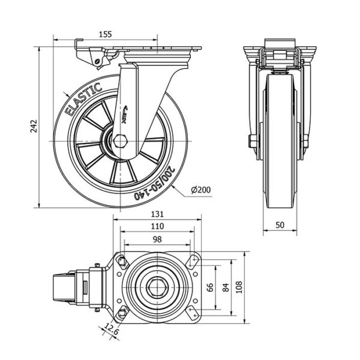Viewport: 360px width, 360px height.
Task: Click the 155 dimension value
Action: pyautogui.click(x=105, y=34)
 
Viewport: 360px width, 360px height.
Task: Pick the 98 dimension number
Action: pyautogui.click(x=157, y=239)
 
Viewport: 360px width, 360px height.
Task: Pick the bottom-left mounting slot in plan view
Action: pyautogui.click(x=122, y=314)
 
